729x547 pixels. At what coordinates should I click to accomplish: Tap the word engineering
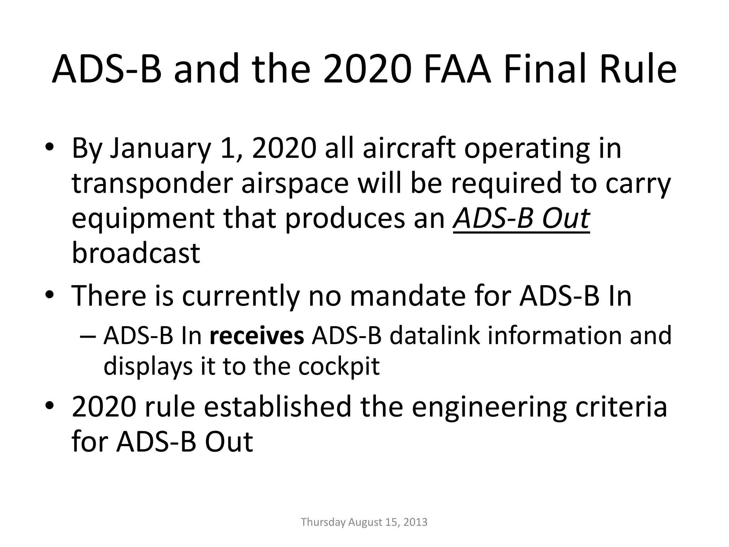[489, 408]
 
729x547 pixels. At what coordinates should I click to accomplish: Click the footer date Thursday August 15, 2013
[364, 522]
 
